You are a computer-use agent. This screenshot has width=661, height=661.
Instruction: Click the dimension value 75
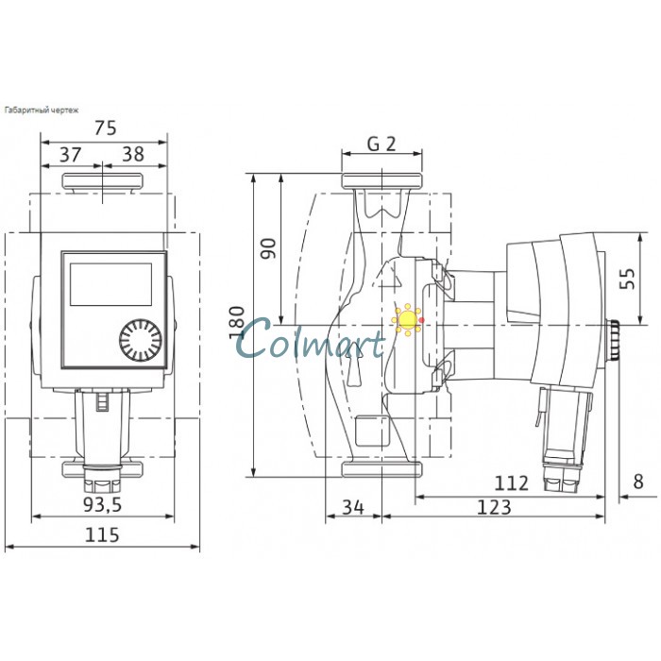click(106, 127)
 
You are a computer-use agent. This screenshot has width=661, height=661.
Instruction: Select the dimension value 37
click(70, 154)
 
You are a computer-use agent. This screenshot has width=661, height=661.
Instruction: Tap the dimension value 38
click(133, 154)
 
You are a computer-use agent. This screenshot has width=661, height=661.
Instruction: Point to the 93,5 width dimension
click(102, 504)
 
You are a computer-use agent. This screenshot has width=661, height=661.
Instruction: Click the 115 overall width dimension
click(102, 535)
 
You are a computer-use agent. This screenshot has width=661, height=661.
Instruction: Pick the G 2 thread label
click(381, 144)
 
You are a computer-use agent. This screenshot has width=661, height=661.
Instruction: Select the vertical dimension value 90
click(268, 248)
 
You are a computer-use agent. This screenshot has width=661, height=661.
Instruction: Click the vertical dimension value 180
click(236, 323)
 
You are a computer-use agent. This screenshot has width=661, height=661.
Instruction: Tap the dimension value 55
click(627, 279)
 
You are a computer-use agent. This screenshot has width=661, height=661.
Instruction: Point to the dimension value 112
click(511, 483)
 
